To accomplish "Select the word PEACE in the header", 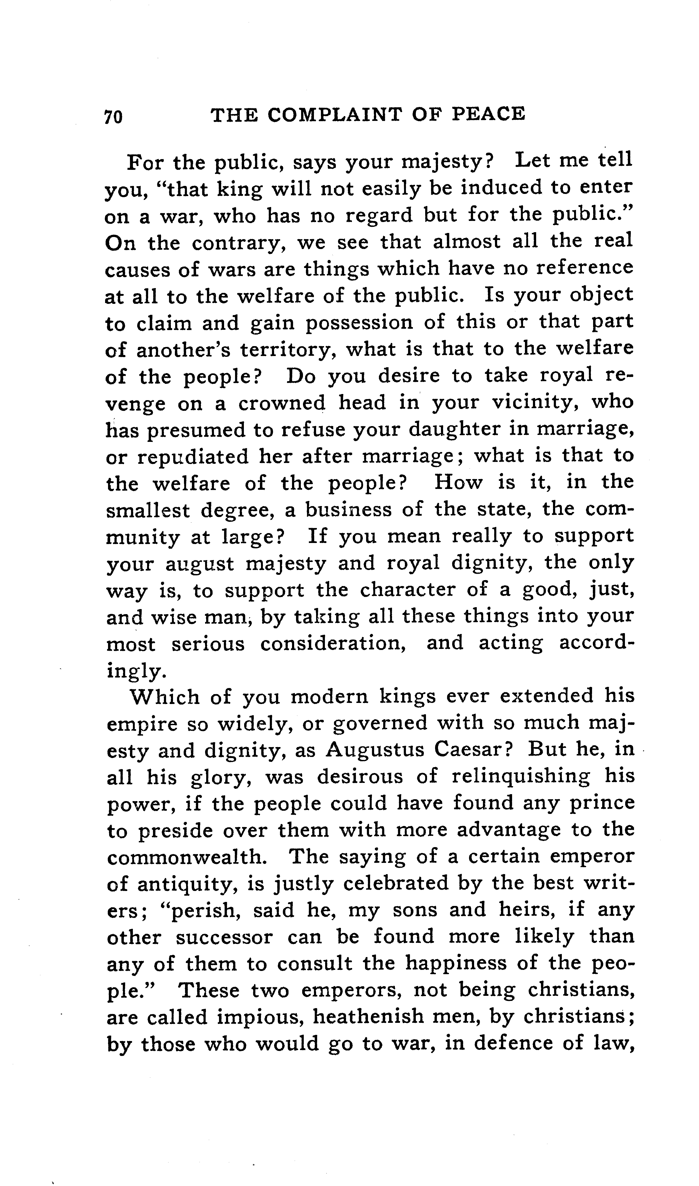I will click(x=490, y=114).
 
